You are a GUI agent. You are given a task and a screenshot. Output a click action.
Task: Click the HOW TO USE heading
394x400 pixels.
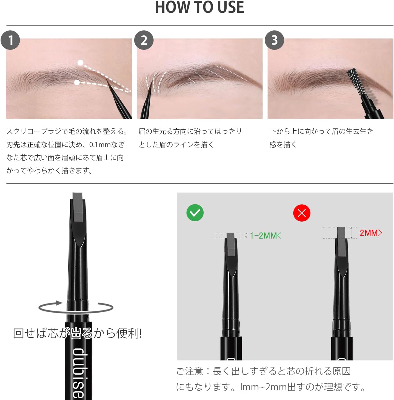tap(199, 7)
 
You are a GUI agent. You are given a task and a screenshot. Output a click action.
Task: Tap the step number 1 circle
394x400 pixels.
tap(10, 40)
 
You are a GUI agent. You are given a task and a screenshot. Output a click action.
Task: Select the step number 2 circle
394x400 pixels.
tap(144, 40)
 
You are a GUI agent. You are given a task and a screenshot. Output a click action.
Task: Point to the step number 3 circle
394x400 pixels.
tap(274, 40)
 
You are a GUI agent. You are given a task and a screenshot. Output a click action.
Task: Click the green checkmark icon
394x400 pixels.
tap(195, 213)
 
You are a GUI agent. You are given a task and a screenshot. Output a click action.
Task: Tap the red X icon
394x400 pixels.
tap(302, 213)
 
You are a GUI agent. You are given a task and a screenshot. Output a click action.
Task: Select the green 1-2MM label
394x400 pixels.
tap(265, 236)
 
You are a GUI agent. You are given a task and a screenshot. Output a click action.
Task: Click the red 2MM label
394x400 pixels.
tap(370, 233)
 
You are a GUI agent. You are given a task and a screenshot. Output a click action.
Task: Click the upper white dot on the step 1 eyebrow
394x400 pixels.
tap(80, 63)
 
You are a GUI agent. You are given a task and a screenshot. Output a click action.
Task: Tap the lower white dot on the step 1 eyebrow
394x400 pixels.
tap(77, 82)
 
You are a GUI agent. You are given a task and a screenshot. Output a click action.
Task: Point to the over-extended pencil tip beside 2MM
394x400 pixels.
tap(341, 233)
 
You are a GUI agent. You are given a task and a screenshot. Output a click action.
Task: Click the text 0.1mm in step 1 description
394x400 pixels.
tap(99, 144)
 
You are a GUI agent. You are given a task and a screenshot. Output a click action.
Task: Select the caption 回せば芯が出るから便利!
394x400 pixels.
tap(77, 333)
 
